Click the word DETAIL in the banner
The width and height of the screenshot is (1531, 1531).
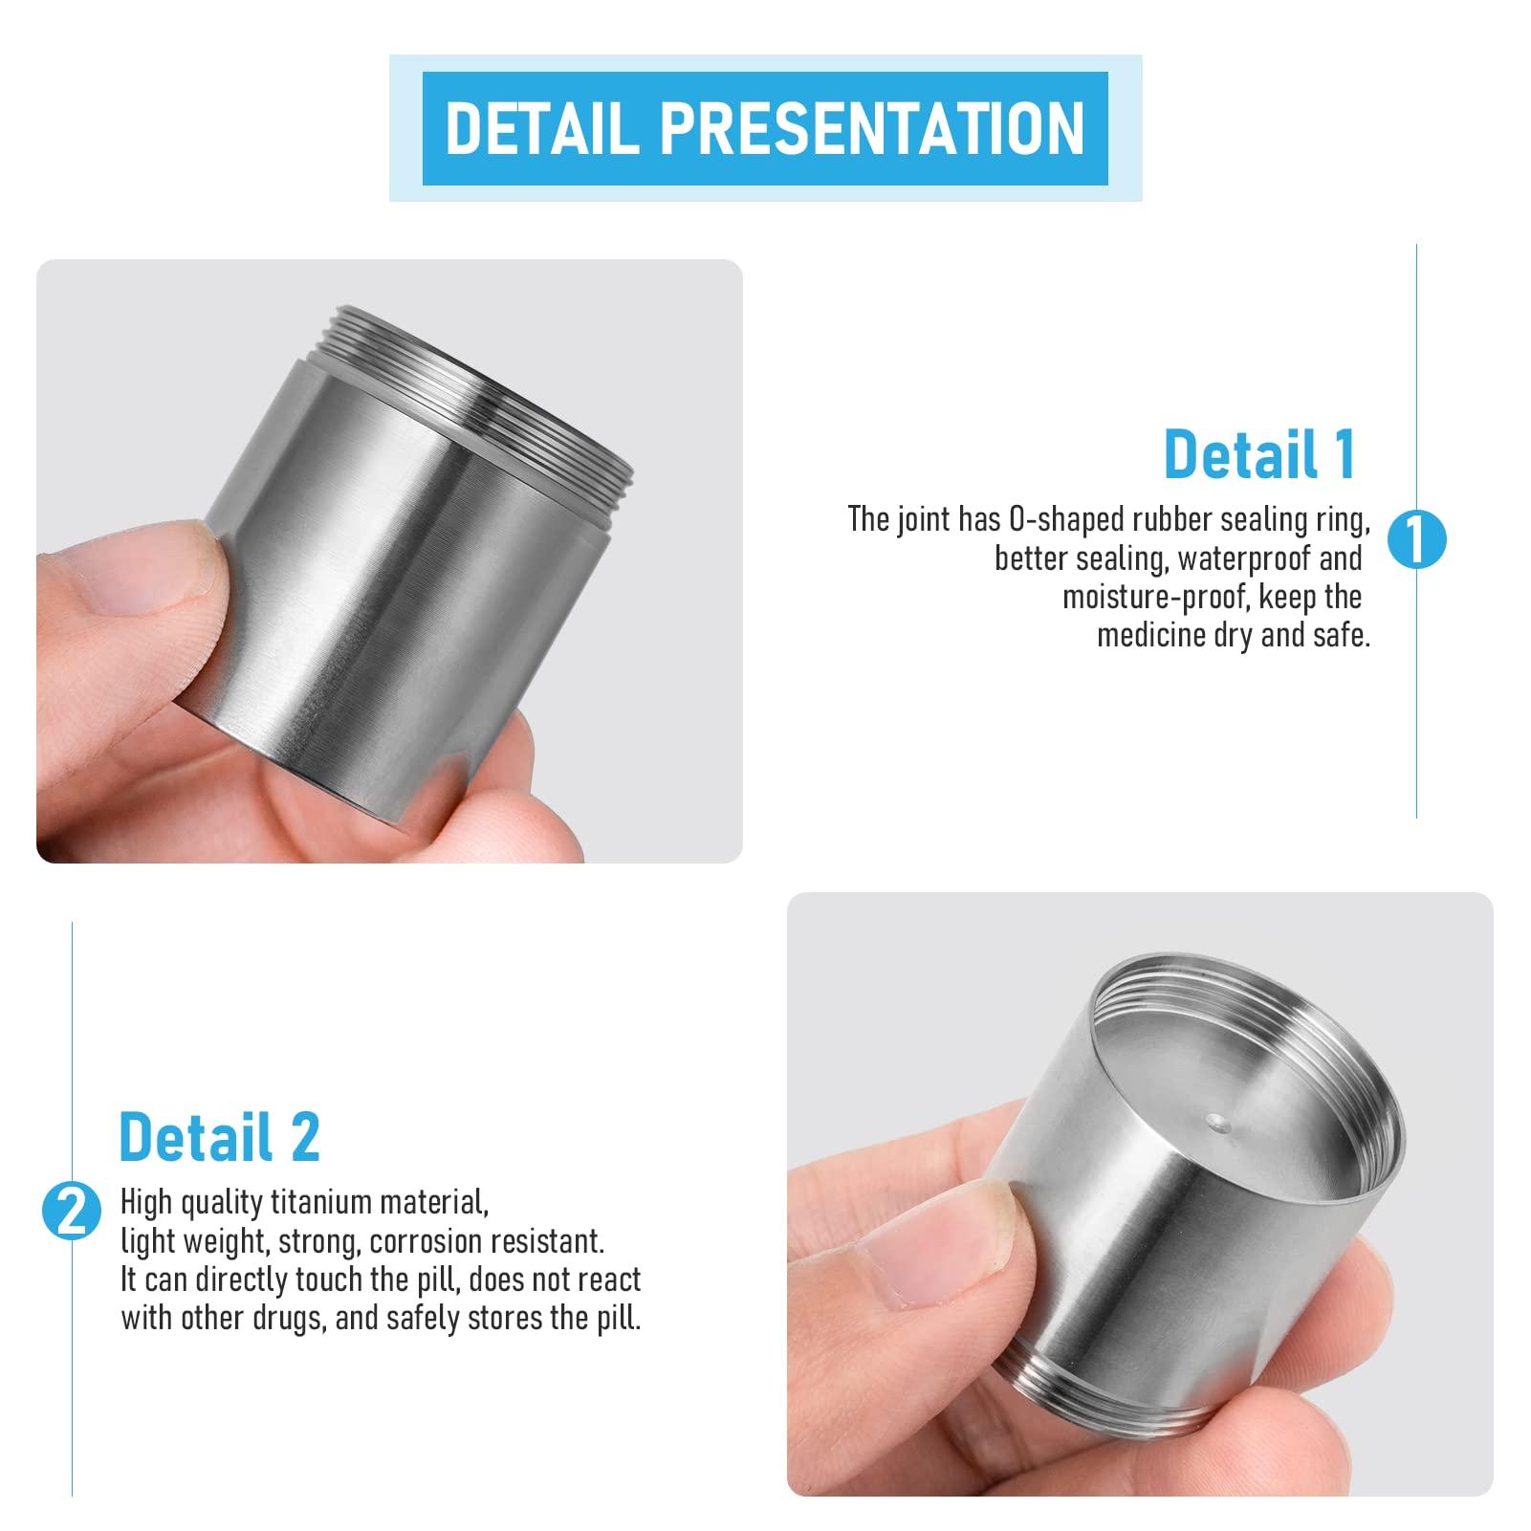click(x=542, y=128)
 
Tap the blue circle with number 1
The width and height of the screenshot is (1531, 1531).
click(x=1416, y=540)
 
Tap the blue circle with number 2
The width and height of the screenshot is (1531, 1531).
click(x=72, y=1213)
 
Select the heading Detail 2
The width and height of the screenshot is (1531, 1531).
click(x=219, y=1137)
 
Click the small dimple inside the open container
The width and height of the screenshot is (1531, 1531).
click(x=1215, y=1118)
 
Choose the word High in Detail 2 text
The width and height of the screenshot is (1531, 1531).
click(x=146, y=1202)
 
